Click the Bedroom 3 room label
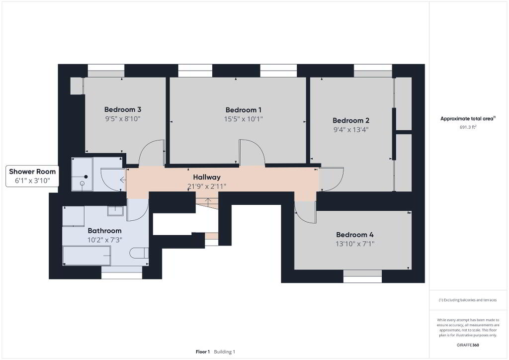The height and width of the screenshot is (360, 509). click(123, 109)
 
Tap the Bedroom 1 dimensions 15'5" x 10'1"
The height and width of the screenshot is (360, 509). click(243, 119)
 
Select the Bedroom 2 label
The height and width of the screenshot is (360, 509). click(351, 120)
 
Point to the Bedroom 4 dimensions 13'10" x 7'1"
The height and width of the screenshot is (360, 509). click(355, 244)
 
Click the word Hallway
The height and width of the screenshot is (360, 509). click(207, 177)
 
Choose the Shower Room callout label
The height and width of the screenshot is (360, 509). click(32, 172)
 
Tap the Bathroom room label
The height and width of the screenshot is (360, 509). click(104, 231)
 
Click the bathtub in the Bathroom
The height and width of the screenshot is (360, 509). click(86, 256)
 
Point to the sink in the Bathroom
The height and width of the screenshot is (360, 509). click(115, 211)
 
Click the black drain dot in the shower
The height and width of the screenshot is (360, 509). click(86, 177)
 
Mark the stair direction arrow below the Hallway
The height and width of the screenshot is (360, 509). click(208, 201)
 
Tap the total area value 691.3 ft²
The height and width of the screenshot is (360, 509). click(468, 127)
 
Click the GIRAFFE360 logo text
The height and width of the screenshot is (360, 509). click(468, 345)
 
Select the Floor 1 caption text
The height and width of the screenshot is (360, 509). click(203, 352)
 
